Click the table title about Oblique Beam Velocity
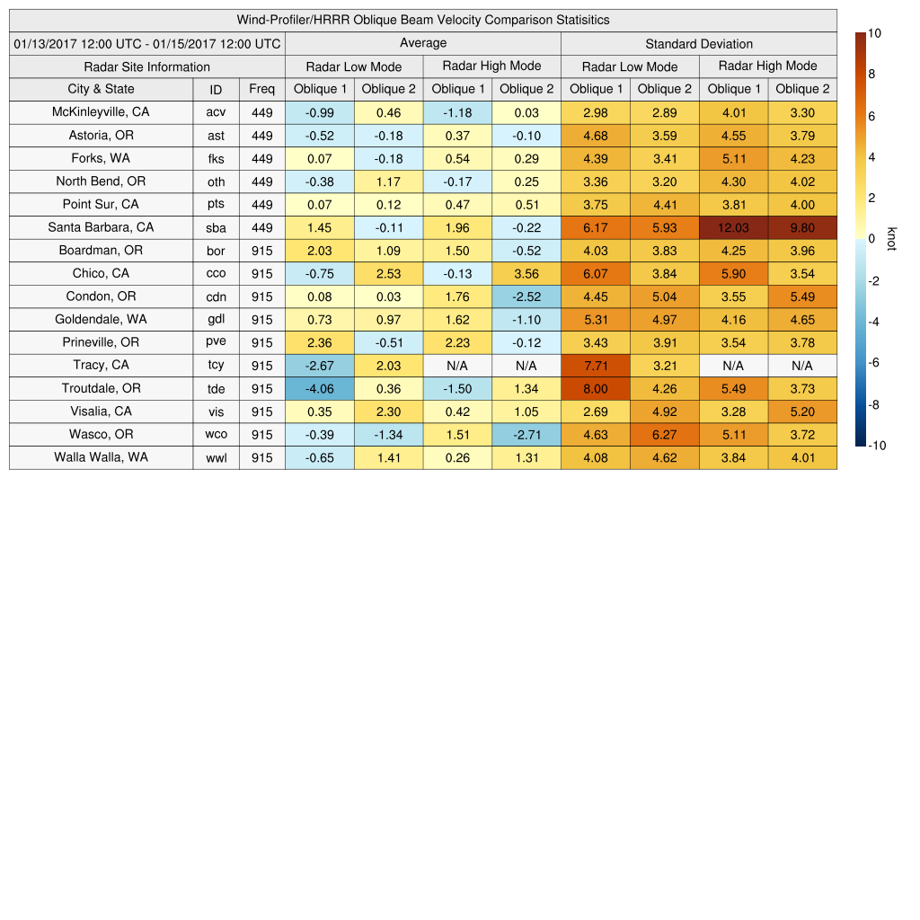pos(423,20)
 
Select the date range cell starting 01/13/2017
pos(147,43)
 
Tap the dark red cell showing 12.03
pos(733,228)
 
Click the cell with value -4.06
pos(319,388)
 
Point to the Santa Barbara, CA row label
pos(101,227)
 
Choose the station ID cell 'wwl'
pos(216,457)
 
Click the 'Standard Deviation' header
pos(699,43)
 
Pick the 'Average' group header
pos(422,43)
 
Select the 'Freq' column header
pos(262,89)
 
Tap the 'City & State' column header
pos(101,89)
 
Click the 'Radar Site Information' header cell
pos(147,66)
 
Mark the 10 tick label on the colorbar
pos(874,33)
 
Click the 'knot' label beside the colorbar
pos(891,239)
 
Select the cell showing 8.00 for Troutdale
pos(596,388)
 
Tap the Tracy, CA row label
pos(101,365)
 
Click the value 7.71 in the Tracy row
pos(596,366)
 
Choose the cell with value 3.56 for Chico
pos(526,274)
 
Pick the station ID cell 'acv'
pos(216,112)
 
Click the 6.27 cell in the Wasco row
pos(665,435)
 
